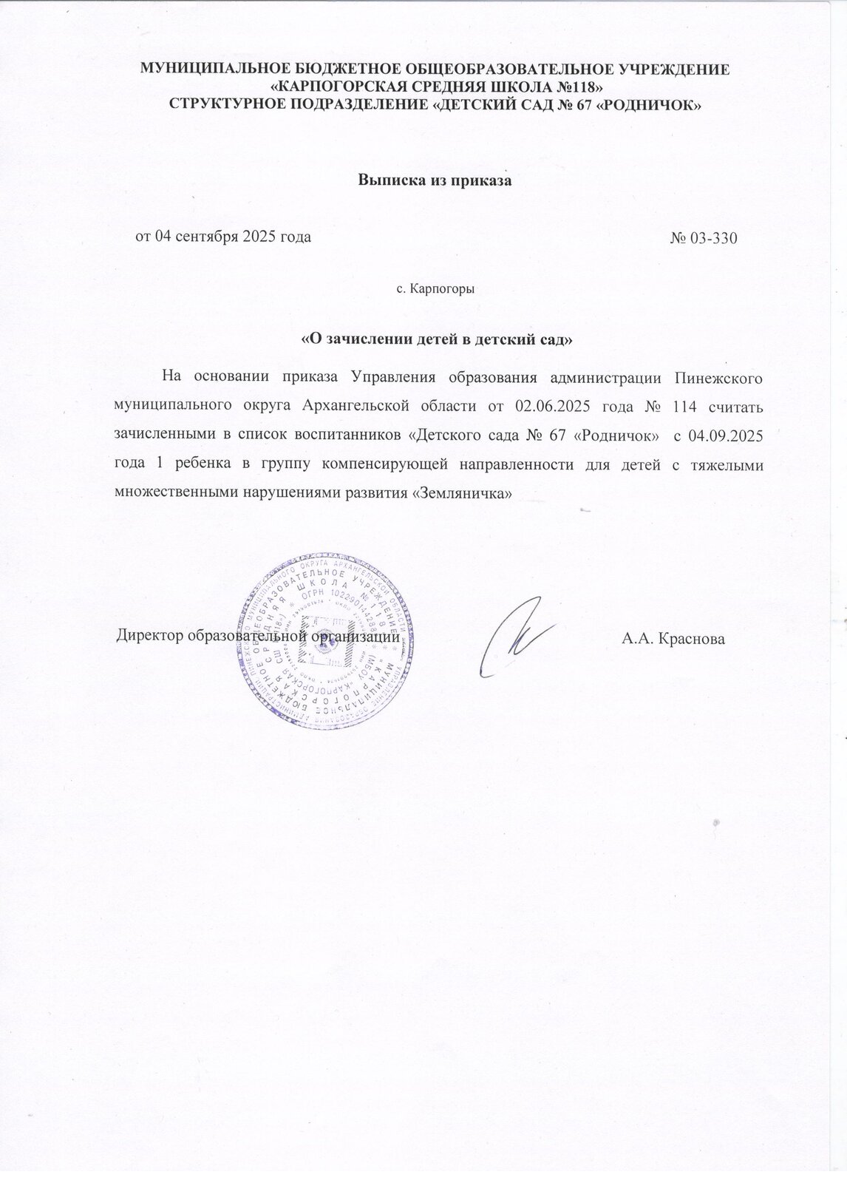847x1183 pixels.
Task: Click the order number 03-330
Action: click(714, 238)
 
